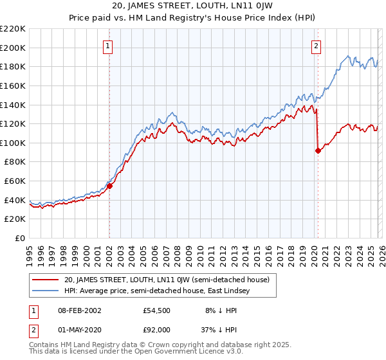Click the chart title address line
click(192, 7)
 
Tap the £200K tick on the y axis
click(13, 48)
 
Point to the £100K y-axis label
click(13, 143)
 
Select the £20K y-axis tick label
click(15, 219)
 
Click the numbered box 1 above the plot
click(109, 46)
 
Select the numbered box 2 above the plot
click(317, 46)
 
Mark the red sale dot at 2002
click(109, 186)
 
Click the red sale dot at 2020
click(318, 150)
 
